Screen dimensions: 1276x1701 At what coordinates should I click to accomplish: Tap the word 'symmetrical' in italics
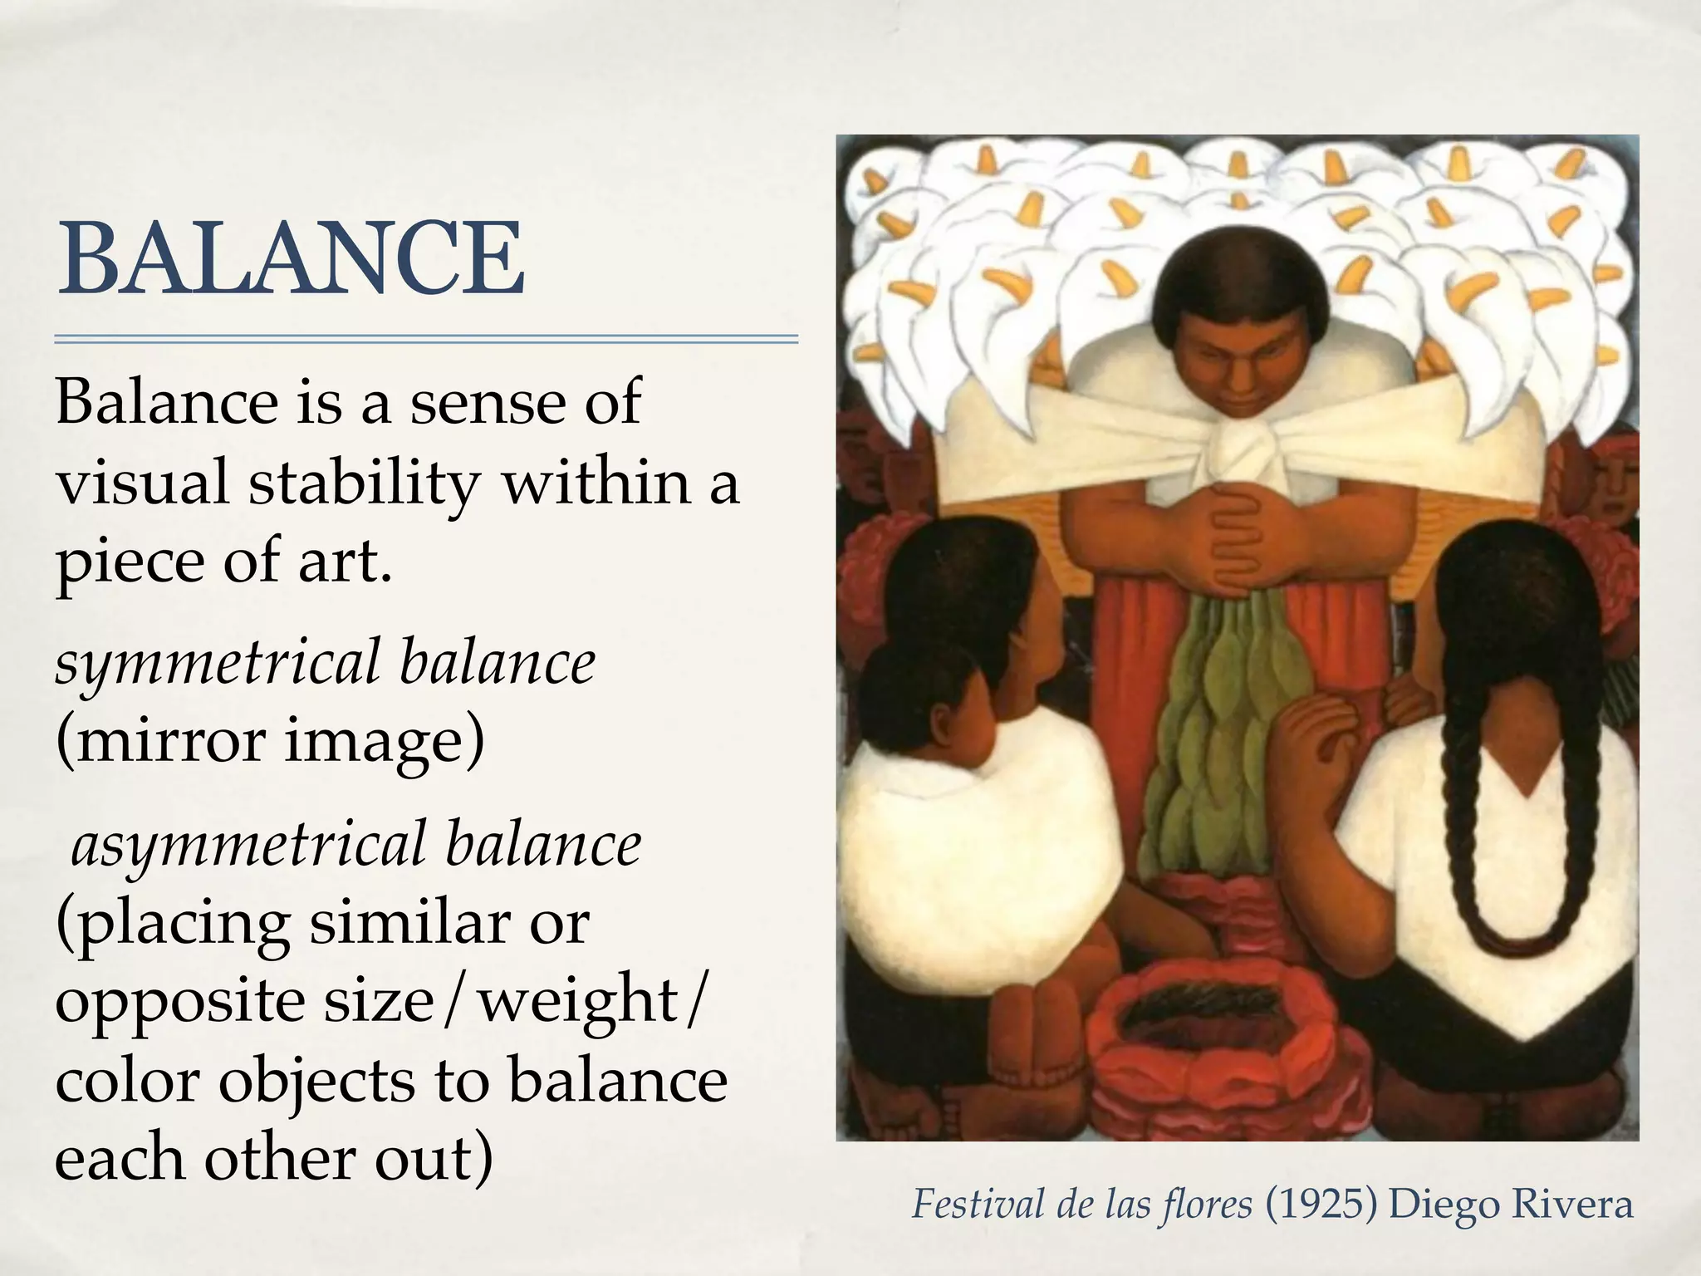pyautogui.click(x=216, y=664)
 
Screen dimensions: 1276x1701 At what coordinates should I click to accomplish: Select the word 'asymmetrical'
pyautogui.click(x=247, y=845)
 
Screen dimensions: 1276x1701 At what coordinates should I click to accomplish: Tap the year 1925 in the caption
pyautogui.click(x=1321, y=1204)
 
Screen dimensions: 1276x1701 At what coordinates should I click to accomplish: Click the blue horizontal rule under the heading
pyautogui.click(x=426, y=339)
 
